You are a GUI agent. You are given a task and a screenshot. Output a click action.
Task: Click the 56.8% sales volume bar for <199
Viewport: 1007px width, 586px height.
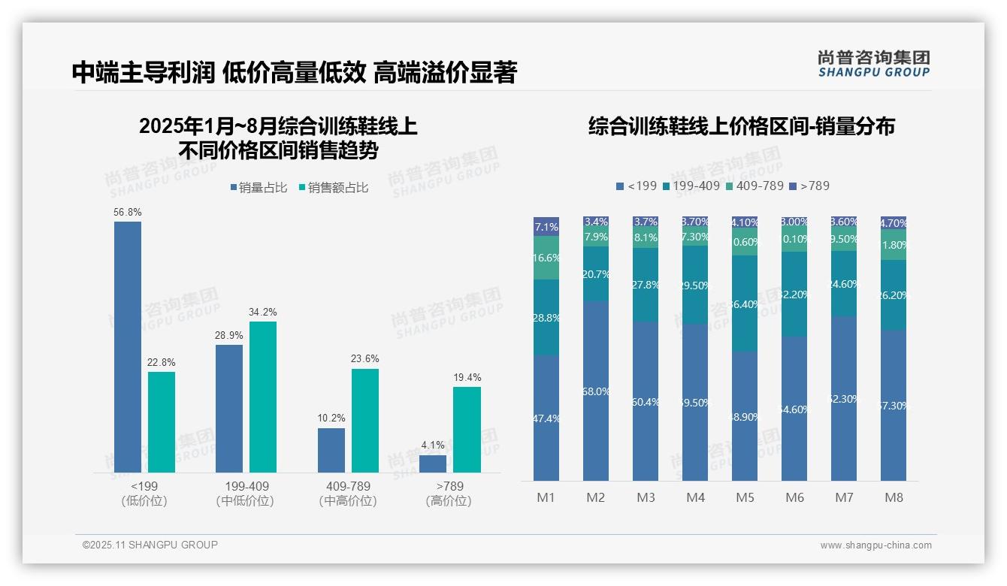(128, 347)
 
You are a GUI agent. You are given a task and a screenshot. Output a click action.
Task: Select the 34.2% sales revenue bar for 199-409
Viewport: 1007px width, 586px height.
(263, 397)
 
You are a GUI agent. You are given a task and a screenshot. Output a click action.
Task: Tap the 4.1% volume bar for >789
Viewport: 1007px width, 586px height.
(433, 464)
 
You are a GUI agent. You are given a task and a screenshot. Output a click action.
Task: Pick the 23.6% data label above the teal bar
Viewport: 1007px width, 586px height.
(364, 358)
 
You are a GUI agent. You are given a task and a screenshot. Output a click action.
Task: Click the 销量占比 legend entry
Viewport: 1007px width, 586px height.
(259, 188)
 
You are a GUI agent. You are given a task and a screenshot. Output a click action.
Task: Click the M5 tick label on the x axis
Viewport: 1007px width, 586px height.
(745, 497)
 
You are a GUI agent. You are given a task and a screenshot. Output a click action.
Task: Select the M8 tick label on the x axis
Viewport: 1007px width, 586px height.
(894, 497)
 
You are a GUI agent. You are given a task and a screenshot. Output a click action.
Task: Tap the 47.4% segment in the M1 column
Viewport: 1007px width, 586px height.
(546, 418)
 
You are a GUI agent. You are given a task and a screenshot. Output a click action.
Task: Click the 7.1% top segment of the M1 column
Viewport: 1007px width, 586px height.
(546, 226)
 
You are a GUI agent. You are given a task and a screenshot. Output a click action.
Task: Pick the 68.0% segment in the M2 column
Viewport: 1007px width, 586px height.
(596, 391)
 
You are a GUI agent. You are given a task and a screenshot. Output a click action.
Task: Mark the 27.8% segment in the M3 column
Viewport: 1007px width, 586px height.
(646, 285)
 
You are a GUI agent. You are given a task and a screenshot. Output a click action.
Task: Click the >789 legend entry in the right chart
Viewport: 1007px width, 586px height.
(810, 186)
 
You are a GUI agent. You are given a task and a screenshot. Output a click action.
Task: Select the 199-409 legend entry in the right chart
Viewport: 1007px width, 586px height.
(691, 186)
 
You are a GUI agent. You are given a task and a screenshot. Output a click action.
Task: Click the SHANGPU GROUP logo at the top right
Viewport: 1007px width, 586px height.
(873, 64)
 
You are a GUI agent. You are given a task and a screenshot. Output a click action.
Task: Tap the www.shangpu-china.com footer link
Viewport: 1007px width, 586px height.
(875, 545)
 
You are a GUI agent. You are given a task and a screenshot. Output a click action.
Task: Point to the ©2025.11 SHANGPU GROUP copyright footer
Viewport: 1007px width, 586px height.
(150, 545)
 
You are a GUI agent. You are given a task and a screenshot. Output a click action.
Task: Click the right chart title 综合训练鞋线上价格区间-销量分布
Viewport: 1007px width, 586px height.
(741, 126)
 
